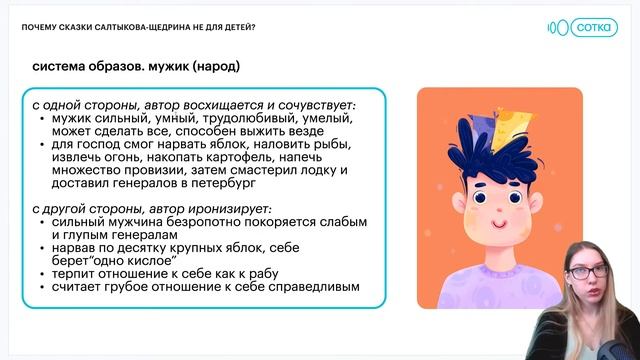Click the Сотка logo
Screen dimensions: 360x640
click(x=584, y=27)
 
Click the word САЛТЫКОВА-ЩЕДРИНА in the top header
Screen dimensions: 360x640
click(x=141, y=27)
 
